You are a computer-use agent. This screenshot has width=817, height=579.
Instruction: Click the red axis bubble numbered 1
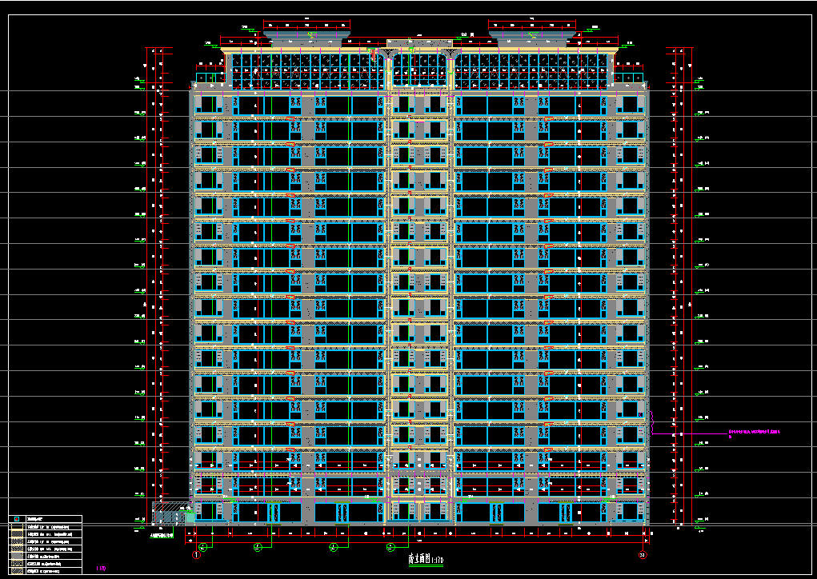[x=195, y=554]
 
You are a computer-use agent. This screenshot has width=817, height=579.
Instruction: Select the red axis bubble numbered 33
[x=642, y=554]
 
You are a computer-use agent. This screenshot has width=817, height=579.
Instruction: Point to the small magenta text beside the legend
[x=101, y=569]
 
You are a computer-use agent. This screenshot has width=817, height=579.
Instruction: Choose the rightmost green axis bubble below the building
[x=391, y=547]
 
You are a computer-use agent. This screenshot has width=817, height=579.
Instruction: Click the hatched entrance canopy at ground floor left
[x=170, y=507]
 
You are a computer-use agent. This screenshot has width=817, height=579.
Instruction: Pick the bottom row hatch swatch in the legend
[x=16, y=571]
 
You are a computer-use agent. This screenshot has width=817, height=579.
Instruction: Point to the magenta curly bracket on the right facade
[x=652, y=421]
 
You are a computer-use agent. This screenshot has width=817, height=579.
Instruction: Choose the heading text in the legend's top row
[x=36, y=519]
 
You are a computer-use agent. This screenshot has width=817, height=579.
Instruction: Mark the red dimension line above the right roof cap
[x=531, y=22]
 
